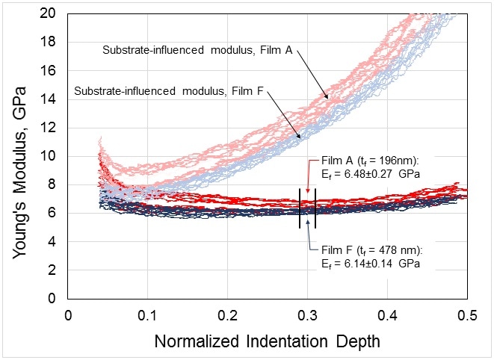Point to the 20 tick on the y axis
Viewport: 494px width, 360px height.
click(50, 14)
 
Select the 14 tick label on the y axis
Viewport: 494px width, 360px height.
click(50, 99)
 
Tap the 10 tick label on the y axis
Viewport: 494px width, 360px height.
click(50, 156)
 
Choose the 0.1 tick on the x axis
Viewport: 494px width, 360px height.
click(147, 314)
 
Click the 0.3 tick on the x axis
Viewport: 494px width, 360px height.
click(307, 314)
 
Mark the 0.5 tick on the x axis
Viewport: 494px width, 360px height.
click(466, 314)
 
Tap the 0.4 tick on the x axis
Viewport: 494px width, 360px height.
click(387, 314)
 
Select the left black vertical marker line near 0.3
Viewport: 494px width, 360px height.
click(300, 209)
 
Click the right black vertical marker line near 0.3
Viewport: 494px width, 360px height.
click(315, 209)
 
